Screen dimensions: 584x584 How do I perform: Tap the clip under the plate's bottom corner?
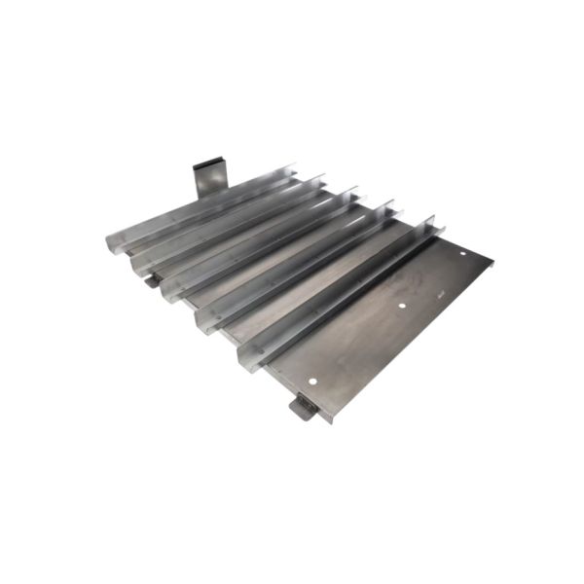tap(303, 407)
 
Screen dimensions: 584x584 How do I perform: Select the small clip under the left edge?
tap(151, 281)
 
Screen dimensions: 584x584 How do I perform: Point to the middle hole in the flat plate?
tap(403, 307)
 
